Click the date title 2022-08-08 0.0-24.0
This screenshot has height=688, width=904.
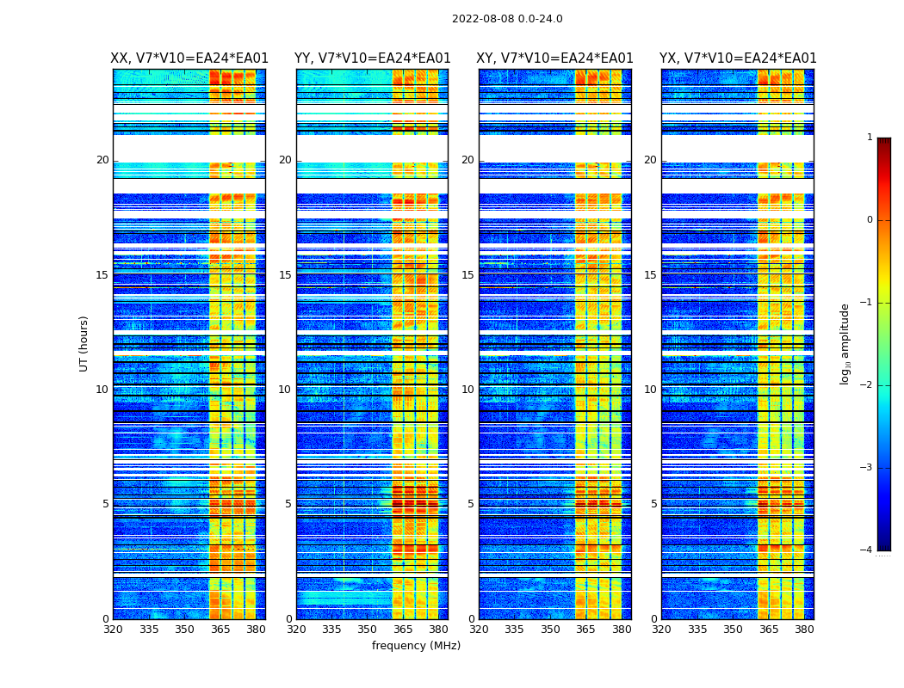pos(507,19)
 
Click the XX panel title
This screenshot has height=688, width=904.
pos(189,58)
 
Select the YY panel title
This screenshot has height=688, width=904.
pos(372,58)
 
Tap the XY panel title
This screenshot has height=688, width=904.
pos(555,58)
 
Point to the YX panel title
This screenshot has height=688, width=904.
pos(738,58)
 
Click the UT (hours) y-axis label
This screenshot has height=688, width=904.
pos(84,343)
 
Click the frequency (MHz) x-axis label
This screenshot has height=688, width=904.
pos(416,646)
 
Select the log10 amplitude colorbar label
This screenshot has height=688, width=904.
pos(845,343)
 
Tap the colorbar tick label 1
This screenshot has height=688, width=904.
pos(869,138)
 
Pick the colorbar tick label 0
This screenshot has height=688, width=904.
pos(869,220)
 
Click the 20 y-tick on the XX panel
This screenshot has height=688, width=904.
pos(102,160)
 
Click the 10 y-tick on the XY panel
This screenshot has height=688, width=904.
pos(467,390)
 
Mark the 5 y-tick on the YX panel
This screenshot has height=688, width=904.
pos(653,504)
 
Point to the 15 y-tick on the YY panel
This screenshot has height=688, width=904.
pos(285,275)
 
